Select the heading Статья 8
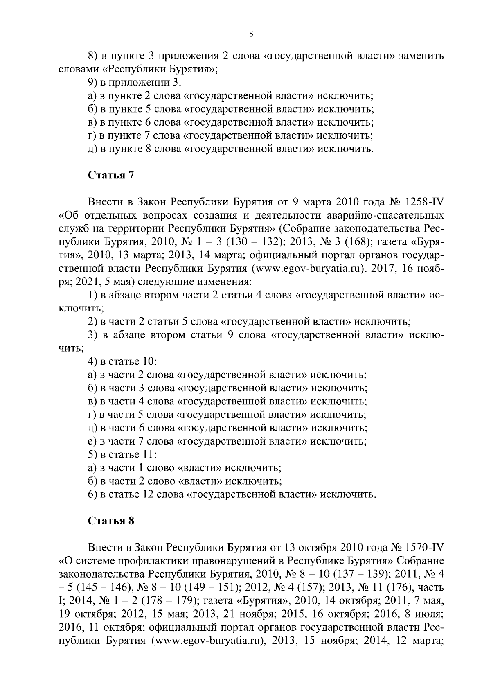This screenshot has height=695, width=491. pos(111,521)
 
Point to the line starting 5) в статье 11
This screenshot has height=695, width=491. pos(123,454)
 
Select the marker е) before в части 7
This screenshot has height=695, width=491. pos(92,441)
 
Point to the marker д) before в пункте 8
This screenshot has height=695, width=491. pos(92,149)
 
